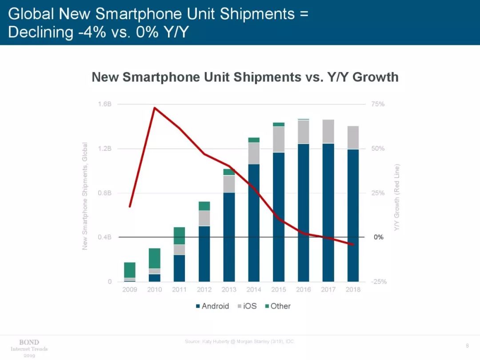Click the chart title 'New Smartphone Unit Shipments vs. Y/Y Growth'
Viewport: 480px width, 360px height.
(x=245, y=77)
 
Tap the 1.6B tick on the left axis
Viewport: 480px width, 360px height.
(x=104, y=104)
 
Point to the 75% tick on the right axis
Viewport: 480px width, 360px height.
(x=378, y=104)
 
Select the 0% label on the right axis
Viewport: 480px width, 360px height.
(x=378, y=237)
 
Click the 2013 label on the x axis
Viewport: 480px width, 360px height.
(x=229, y=289)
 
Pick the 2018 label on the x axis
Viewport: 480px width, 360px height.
(x=353, y=289)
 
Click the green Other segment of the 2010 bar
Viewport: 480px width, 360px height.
(x=155, y=258)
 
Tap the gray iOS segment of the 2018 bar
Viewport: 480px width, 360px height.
(x=353, y=137)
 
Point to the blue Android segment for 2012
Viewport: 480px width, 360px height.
(x=204, y=253)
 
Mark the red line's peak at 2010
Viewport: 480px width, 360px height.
(x=154, y=108)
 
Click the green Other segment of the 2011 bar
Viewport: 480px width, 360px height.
(x=180, y=236)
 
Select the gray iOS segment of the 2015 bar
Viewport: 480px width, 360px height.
(x=279, y=139)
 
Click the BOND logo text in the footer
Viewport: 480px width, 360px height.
(x=29, y=342)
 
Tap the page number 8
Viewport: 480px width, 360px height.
(x=467, y=345)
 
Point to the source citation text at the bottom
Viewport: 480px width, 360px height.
(x=240, y=341)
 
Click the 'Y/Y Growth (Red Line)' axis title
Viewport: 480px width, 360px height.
(x=397, y=197)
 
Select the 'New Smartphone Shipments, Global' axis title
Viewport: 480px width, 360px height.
(x=85, y=196)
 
